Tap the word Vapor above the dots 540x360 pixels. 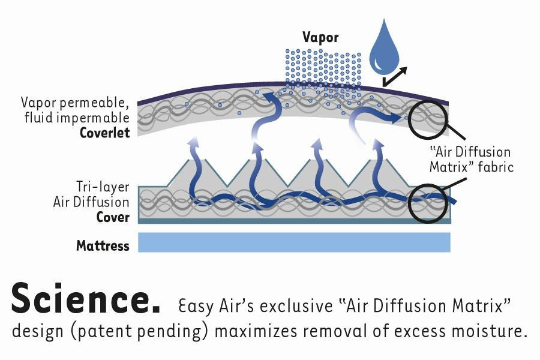320,37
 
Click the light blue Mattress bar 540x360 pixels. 294,242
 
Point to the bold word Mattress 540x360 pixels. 103,245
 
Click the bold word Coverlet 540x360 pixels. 105,133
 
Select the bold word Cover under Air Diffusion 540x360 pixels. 113,217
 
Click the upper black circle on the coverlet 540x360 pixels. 428,116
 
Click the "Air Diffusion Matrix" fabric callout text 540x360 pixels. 471,160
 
